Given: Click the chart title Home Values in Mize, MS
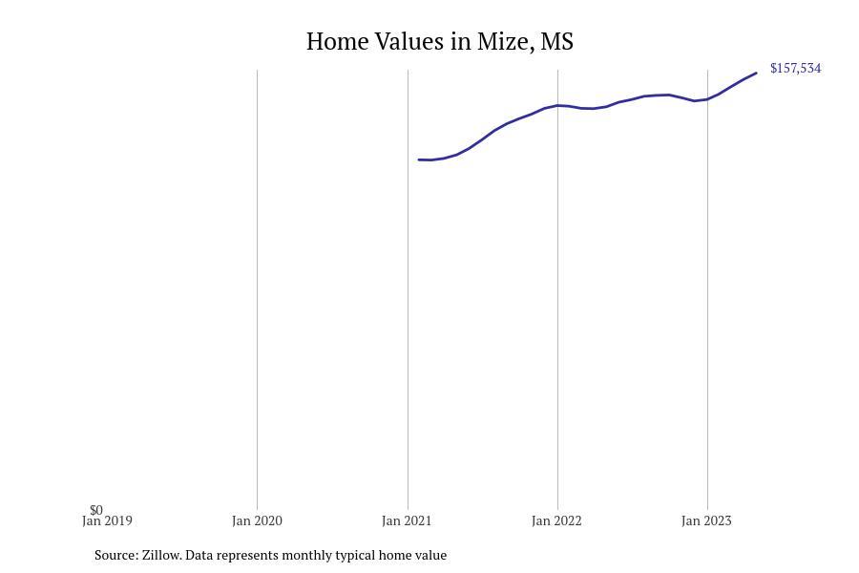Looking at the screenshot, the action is (439, 42).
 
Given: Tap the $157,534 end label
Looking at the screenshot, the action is (795, 68).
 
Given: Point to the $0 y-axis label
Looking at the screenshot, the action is (96, 510).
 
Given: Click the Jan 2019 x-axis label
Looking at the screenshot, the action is (107, 520).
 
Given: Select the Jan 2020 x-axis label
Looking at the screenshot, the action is (257, 520).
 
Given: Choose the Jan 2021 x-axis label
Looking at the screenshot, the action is (407, 520).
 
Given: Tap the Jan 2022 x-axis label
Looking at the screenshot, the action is (556, 520).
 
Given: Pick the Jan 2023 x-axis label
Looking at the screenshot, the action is (706, 520).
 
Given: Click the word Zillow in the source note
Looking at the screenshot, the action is (161, 555).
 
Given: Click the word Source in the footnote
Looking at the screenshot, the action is (116, 555).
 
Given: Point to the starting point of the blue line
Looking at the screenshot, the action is (419, 159).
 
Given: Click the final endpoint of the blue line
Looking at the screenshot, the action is (756, 73).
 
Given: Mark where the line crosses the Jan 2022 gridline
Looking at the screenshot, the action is (557, 105).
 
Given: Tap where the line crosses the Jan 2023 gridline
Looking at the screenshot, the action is (707, 99).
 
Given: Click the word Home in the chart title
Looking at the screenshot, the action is (336, 42).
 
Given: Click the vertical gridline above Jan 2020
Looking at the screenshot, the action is (257, 289).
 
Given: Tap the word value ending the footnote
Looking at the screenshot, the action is (431, 555).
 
